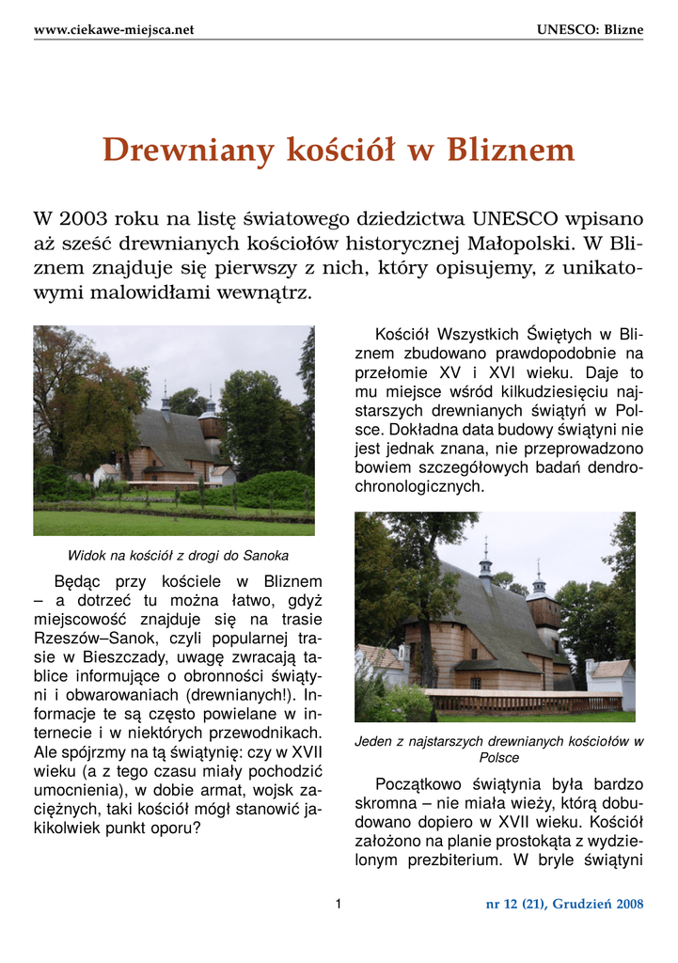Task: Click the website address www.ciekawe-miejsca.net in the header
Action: point(114,30)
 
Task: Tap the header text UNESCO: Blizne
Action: point(590,30)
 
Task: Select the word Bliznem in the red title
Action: point(510,150)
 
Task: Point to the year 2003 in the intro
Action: point(83,220)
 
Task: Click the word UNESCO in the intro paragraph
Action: point(516,220)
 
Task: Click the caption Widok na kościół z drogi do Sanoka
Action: point(178,555)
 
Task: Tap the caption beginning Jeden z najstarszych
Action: point(498,742)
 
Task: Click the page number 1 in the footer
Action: point(339,904)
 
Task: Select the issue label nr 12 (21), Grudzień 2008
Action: point(564,905)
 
